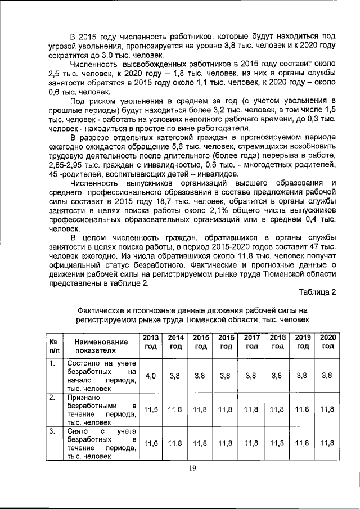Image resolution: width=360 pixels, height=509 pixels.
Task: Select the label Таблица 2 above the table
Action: pos(317,292)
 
